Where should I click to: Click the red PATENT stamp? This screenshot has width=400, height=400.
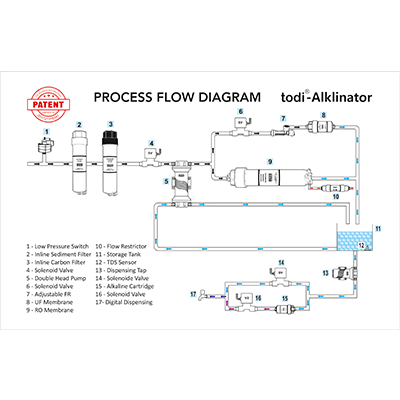[45, 103]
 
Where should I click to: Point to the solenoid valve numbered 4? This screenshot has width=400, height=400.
[151, 159]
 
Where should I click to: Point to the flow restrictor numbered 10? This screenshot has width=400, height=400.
[336, 185]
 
